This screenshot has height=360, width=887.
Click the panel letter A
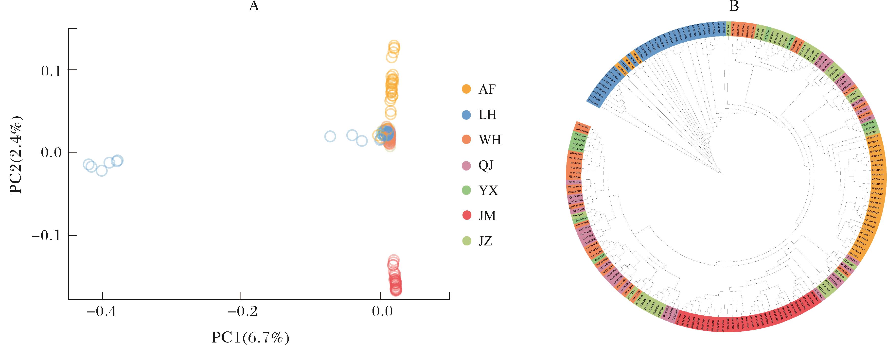[254, 6]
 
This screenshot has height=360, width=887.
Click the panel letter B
[734, 6]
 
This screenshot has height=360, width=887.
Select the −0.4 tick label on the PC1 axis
[102, 312]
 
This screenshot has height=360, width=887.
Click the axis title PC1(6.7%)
[250, 338]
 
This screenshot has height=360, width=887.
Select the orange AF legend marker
[466, 89]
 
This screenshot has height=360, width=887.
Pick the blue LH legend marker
[466, 115]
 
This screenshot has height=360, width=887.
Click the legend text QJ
[486, 166]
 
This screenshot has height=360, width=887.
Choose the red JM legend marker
[466, 216]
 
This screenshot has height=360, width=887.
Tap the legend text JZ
[485, 241]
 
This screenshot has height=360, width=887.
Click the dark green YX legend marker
[466, 190]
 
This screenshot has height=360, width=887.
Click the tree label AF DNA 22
[876, 193]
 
